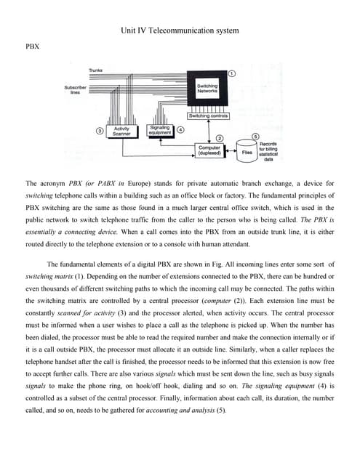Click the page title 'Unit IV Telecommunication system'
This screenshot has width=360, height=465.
[x=179, y=31]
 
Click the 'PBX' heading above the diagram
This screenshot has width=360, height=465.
[x=32, y=46]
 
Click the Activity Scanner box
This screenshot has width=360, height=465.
[x=121, y=132]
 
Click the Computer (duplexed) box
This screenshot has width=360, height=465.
[x=209, y=150]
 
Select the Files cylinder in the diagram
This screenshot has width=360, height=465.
[x=247, y=152]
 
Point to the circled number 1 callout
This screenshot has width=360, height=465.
[x=232, y=74]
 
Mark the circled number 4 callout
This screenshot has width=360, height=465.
[x=180, y=129]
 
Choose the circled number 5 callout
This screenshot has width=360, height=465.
[x=255, y=137]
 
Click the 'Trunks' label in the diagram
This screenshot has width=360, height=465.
[x=95, y=70]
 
